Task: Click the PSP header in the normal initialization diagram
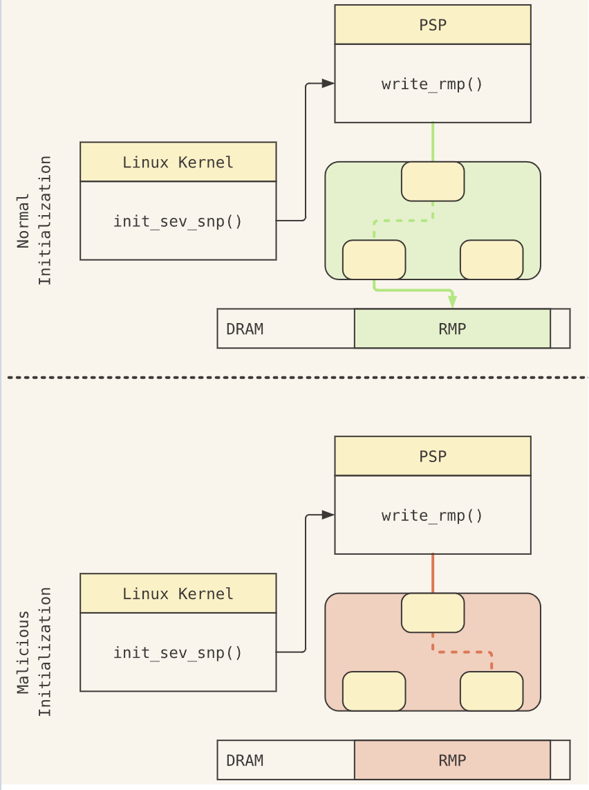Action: pyautogui.click(x=433, y=25)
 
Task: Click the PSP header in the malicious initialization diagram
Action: pyautogui.click(x=433, y=456)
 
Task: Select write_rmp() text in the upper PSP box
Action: pyautogui.click(x=432, y=84)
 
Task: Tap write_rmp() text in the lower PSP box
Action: pyautogui.click(x=432, y=515)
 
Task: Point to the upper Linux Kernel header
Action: pyautogui.click(x=178, y=162)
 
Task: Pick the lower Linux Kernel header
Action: pyautogui.click(x=178, y=593)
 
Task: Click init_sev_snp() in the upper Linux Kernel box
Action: pyautogui.click(x=178, y=221)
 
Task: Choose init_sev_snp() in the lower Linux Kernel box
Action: pyautogui.click(x=178, y=652)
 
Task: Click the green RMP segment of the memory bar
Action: pyautogui.click(x=452, y=329)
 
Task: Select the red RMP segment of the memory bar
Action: pyautogui.click(x=452, y=760)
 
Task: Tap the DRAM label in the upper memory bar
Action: pyautogui.click(x=245, y=329)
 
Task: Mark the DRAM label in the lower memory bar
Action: pyautogui.click(x=245, y=760)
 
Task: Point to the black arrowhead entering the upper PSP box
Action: pyautogui.click(x=328, y=83)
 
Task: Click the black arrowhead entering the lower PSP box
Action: pyautogui.click(x=328, y=515)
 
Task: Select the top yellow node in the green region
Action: pyautogui.click(x=433, y=181)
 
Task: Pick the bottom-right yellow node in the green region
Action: pyautogui.click(x=492, y=259)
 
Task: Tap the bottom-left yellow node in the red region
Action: pyautogui.click(x=374, y=691)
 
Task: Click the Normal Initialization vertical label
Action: pyautogui.click(x=34, y=220)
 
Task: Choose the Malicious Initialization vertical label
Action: pyautogui.click(x=34, y=652)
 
